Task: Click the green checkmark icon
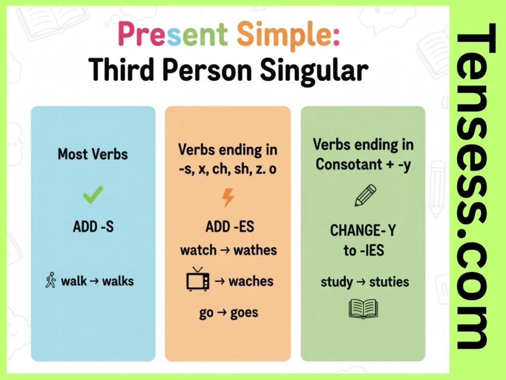click(93, 194)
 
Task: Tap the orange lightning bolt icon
click(228, 197)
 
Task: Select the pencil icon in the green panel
click(365, 195)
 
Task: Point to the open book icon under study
click(363, 309)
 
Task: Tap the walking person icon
click(51, 280)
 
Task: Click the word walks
click(118, 281)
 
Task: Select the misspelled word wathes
click(255, 250)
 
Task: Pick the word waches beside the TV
click(251, 281)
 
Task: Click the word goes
click(244, 313)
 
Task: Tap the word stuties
click(389, 282)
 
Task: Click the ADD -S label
click(93, 227)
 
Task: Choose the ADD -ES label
click(230, 227)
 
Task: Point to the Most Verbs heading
click(92, 154)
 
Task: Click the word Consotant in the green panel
click(349, 164)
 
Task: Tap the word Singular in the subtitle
click(314, 71)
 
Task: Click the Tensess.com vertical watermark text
click(476, 186)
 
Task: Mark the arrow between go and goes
click(222, 313)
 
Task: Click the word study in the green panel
click(337, 282)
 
